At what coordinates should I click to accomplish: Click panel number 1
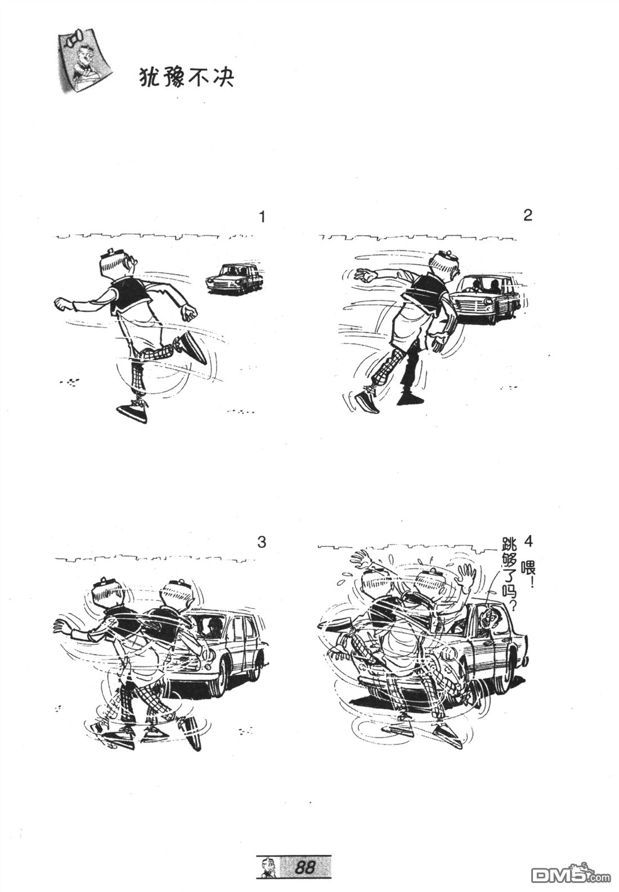pyautogui.click(x=262, y=217)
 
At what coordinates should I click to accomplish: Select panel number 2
pyautogui.click(x=527, y=216)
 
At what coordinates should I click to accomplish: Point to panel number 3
pyautogui.click(x=262, y=542)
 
